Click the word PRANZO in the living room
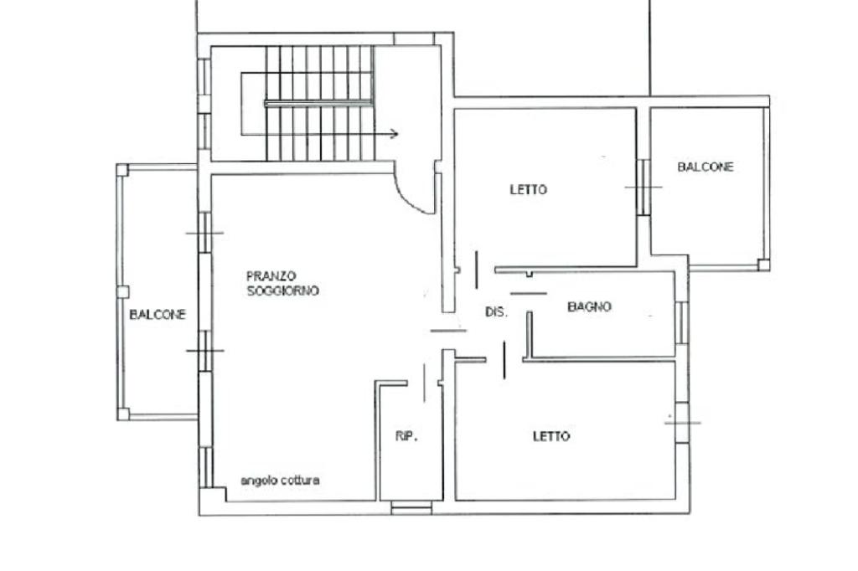click(x=271, y=275)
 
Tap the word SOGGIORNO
click(x=283, y=291)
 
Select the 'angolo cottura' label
click(x=280, y=481)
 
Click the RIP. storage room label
click(x=407, y=436)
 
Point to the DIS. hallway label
click(x=497, y=312)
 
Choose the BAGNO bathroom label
click(x=589, y=306)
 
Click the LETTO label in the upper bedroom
click(x=529, y=190)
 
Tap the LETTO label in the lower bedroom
click(x=551, y=436)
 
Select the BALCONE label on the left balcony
click(x=158, y=315)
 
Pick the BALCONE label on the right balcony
click(x=706, y=167)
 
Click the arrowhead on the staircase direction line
click(x=395, y=134)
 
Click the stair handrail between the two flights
click(x=319, y=103)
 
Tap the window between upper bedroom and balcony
click(x=643, y=187)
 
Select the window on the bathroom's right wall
click(x=682, y=322)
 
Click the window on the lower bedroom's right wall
click(x=682, y=422)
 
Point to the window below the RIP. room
click(x=411, y=508)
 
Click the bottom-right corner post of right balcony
click(x=764, y=265)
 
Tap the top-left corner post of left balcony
click(x=122, y=170)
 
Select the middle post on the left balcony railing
click(x=123, y=292)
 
